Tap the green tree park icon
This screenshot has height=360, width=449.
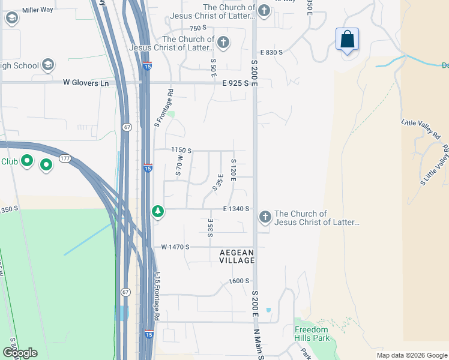pyautogui.click(x=158, y=211)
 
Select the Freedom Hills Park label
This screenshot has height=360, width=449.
pyautogui.click(x=312, y=334)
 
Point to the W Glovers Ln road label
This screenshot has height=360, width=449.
pyautogui.click(x=86, y=83)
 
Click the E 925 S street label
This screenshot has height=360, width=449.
pyautogui.click(x=235, y=83)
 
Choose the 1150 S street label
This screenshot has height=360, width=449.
pyautogui.click(x=180, y=150)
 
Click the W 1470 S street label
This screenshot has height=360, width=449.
pyautogui.click(x=175, y=247)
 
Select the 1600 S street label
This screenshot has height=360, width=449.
pyautogui.click(x=238, y=281)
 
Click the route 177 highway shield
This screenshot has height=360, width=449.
pyautogui.click(x=65, y=158)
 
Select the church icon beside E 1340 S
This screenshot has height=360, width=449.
pyautogui.click(x=264, y=217)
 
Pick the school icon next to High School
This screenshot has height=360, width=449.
pyautogui.click(x=49, y=65)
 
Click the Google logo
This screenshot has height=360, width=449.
pyautogui.click(x=20, y=353)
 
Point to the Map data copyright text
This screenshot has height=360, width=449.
pyautogui.click(x=412, y=355)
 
